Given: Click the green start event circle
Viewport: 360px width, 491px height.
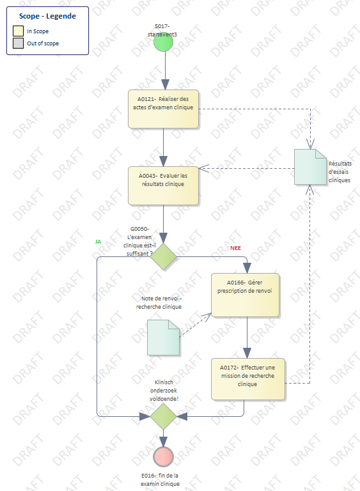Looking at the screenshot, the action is coord(163,42).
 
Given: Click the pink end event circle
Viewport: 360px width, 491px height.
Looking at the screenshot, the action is coord(163,457).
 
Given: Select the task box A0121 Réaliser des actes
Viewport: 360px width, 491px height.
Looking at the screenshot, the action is coord(163,109).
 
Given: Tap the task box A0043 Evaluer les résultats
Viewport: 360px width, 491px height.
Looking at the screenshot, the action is coord(163,185).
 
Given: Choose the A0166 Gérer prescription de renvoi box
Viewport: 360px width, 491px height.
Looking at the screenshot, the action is coord(245,295).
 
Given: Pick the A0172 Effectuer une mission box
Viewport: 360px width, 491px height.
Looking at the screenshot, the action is coord(248,379).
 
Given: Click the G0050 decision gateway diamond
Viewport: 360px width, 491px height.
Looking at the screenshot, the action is coord(163,256).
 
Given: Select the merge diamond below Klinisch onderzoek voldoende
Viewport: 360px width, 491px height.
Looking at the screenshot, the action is coord(163,416).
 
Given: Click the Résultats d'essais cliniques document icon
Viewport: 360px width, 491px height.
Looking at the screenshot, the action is coord(310,167).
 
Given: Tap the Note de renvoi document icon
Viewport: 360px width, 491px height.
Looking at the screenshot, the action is coord(163,338).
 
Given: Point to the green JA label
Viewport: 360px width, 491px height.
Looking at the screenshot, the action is coord(98,242).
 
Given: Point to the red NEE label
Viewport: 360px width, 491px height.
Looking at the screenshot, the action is coord(235,248).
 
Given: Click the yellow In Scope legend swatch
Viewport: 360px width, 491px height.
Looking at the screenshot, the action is coord(18,31).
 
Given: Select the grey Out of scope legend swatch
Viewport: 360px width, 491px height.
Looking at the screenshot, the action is coord(18,43).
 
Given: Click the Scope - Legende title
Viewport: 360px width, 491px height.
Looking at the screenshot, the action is coord(47,16).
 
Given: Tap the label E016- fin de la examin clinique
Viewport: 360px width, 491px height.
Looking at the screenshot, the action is coord(160,479).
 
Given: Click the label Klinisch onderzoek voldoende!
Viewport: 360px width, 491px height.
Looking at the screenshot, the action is coord(164,391).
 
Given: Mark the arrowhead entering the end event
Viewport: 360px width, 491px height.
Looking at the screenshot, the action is coord(163,442).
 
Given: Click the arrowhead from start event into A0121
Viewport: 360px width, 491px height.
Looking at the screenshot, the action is coord(165,84).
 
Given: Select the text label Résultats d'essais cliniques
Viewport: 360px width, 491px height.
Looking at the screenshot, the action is coord(340,171).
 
